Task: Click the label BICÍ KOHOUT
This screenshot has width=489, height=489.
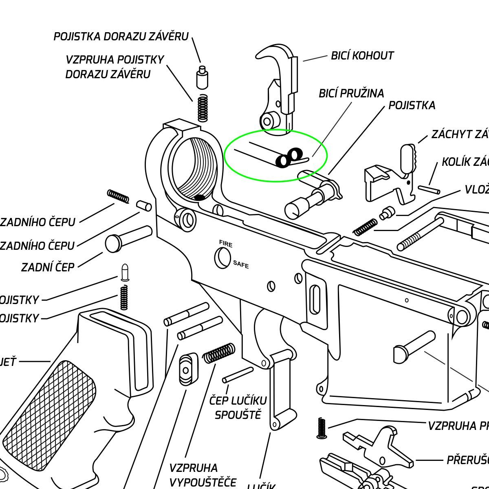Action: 362,56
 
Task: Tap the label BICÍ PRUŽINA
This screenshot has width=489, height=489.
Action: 351,93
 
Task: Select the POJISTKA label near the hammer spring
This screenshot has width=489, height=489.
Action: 412,106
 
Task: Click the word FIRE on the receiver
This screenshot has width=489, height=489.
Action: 226,244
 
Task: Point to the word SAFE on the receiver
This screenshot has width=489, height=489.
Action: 241,264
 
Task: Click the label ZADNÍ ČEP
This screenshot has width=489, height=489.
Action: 48,267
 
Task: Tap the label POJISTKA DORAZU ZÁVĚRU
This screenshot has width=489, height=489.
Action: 121,37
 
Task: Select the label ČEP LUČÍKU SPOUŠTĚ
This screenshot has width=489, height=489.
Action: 238,407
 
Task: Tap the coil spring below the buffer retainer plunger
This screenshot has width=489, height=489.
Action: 203,108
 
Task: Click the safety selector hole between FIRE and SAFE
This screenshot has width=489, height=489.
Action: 222,258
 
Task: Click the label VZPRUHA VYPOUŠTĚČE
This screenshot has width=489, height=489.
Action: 203,475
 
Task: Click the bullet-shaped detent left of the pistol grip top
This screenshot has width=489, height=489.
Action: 125,273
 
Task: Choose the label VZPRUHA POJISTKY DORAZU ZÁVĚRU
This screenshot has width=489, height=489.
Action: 114,67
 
